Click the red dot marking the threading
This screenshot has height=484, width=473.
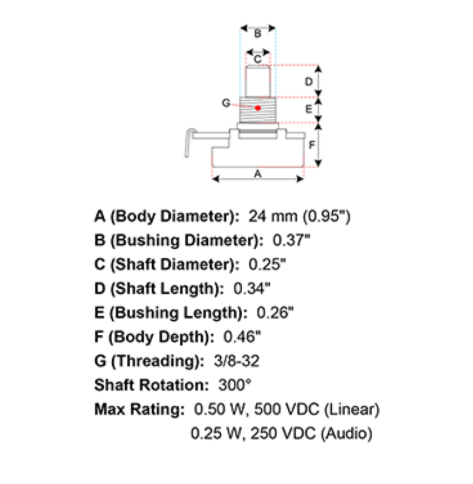(x=258, y=108)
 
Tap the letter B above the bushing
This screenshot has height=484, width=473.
(x=258, y=34)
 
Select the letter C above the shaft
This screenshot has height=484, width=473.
(x=258, y=59)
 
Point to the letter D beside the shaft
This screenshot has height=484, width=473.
(x=309, y=82)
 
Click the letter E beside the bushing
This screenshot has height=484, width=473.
(x=309, y=109)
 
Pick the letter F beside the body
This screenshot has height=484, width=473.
(x=312, y=145)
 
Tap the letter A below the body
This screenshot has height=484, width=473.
(x=258, y=174)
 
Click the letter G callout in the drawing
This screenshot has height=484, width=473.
(x=226, y=103)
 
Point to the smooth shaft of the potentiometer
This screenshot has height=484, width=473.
(x=258, y=81)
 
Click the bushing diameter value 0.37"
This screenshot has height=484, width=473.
(x=291, y=241)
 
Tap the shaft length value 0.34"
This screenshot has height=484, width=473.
(x=252, y=289)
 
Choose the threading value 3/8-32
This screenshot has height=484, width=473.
(x=236, y=361)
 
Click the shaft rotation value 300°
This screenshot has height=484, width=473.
(x=235, y=385)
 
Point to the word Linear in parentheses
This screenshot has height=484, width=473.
(x=352, y=409)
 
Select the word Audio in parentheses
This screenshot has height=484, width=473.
(x=347, y=433)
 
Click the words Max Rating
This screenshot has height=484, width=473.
(x=139, y=409)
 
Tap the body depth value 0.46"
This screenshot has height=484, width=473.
(x=242, y=337)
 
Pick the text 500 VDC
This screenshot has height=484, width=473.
(x=287, y=409)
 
